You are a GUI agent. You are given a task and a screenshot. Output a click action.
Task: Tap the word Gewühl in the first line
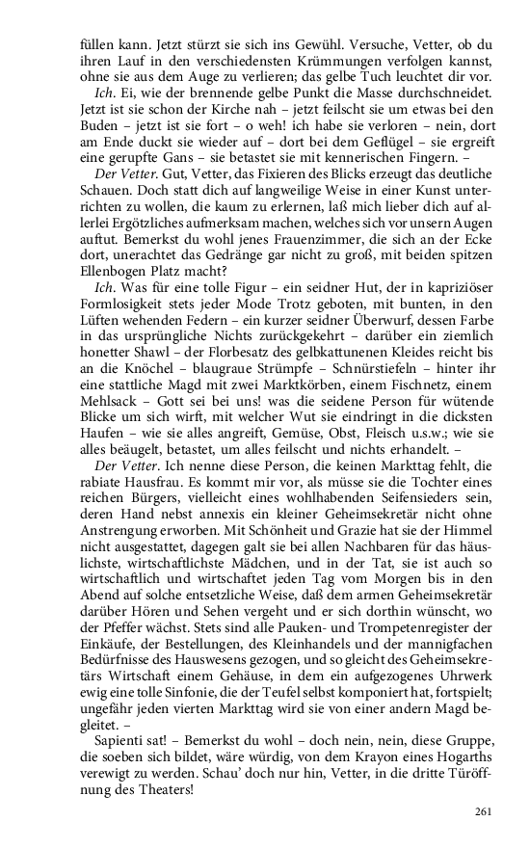tap(331, 45)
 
